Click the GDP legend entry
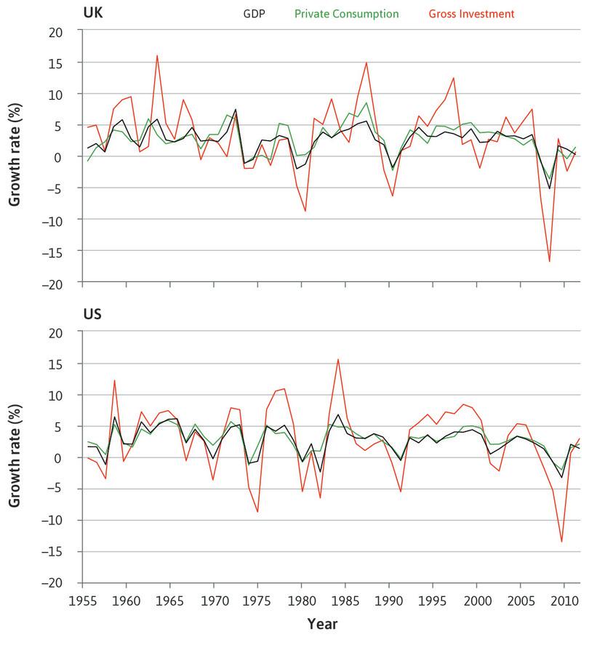coord(254,13)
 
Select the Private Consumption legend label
coord(347,13)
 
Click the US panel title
coord(92,314)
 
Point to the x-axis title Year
coord(322,623)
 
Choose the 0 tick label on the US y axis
coord(71,457)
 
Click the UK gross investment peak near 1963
coord(157,55)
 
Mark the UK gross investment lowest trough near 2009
coord(549,261)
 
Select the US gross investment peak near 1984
coord(338,358)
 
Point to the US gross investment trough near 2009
coord(561,541)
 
